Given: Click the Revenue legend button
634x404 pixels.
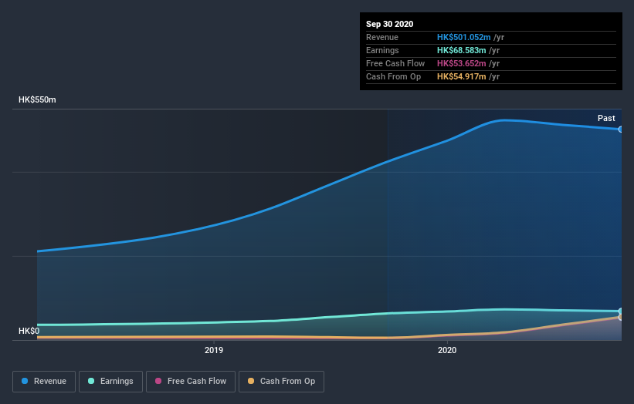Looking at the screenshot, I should [x=45, y=381].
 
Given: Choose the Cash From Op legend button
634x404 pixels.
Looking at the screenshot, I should [x=281, y=381].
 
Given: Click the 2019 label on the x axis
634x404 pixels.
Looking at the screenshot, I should [x=214, y=351].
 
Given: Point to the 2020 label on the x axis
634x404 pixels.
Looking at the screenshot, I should [x=447, y=351].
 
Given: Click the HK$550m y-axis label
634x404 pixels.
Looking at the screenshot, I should [x=38, y=100].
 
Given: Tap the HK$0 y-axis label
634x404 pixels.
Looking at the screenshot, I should [x=29, y=332].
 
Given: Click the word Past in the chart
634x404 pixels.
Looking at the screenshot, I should [x=606, y=118].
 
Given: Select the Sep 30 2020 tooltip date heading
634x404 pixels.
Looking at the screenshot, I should [x=390, y=24].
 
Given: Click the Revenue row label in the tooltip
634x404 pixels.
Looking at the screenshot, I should [x=382, y=37].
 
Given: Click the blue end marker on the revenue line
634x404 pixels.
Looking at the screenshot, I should [x=621, y=130].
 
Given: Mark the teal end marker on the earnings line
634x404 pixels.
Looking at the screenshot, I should [x=621, y=311].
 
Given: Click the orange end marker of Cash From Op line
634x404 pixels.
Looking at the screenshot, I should [x=621, y=317].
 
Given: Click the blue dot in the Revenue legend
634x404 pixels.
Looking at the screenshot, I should [x=25, y=381].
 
